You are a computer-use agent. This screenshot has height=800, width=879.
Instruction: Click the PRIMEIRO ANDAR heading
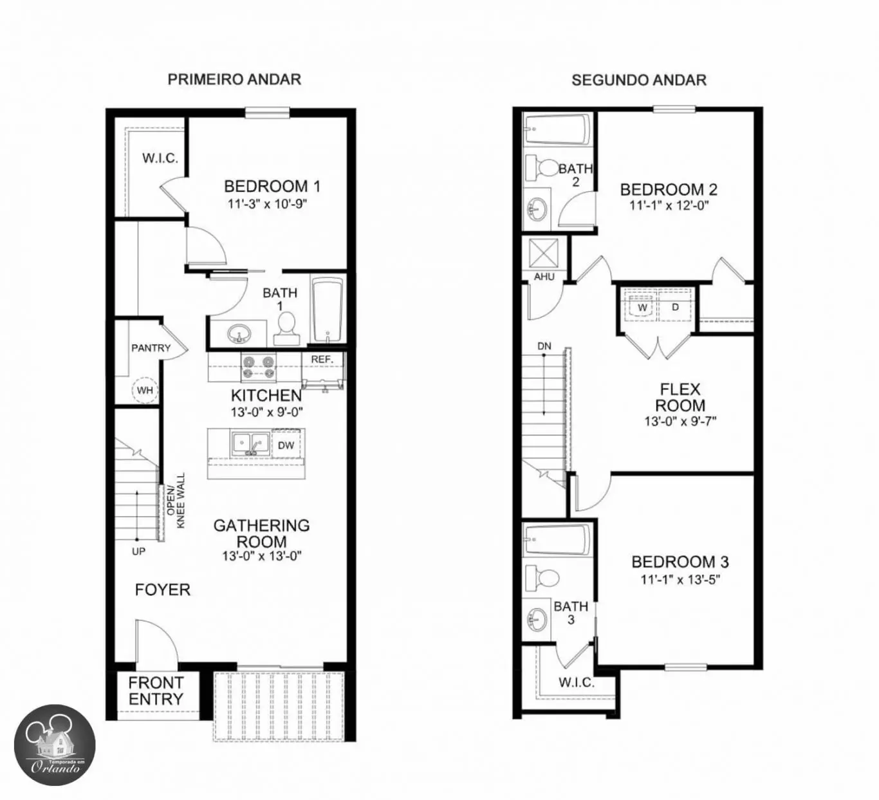tap(234, 79)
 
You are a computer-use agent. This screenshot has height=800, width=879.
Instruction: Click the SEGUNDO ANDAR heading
tap(639, 80)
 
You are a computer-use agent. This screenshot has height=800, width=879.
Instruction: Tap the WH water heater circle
tap(145, 390)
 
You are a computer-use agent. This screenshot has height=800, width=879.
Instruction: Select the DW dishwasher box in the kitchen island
tap(286, 445)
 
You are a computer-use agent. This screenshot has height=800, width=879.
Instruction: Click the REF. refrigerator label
tap(322, 359)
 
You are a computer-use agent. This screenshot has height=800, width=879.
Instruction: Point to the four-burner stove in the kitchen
tap(259, 367)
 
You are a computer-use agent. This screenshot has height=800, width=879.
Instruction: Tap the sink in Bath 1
tap(239, 335)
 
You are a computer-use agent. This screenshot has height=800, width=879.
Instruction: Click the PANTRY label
tap(151, 348)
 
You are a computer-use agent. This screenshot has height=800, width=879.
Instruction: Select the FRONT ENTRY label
tap(155, 691)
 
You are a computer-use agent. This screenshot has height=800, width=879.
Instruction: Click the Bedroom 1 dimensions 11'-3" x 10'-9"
tap(267, 204)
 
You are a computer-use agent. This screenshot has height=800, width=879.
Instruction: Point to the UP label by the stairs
tap(138, 552)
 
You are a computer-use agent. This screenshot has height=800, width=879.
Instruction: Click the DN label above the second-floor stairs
tap(544, 346)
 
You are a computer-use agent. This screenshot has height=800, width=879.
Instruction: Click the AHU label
tap(544, 277)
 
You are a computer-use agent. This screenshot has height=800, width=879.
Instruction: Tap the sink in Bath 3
tap(537, 619)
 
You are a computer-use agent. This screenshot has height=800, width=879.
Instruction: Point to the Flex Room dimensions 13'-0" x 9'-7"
tap(680, 422)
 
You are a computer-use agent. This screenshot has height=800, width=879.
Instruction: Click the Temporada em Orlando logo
tap(55, 745)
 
